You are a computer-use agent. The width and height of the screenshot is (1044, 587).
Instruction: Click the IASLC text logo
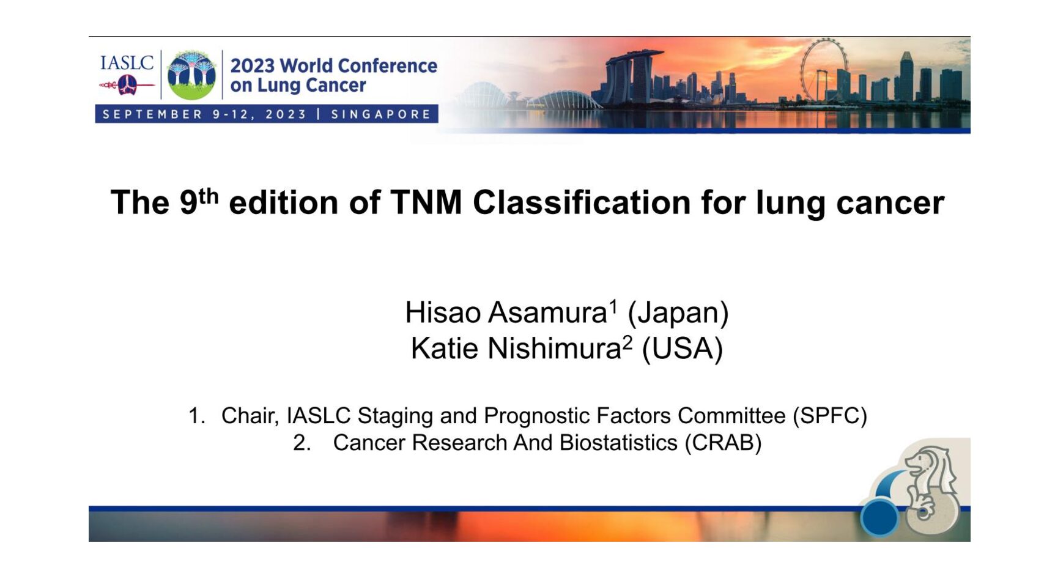127,62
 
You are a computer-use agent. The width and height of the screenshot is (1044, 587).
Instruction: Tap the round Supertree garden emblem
191,75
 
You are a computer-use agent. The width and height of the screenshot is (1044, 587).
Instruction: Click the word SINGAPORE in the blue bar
381,114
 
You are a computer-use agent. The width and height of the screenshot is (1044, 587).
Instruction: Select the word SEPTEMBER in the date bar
152,114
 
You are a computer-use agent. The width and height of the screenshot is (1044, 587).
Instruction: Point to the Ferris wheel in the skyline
824,70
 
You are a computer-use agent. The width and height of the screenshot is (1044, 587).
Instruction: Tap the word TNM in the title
426,203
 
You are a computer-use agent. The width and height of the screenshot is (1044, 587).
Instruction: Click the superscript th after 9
209,196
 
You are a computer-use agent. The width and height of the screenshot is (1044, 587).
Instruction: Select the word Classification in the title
581,203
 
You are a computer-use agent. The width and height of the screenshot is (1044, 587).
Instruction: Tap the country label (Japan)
678,313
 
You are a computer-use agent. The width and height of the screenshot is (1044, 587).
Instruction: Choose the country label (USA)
683,349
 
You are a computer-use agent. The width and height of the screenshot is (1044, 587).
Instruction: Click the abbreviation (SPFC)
829,416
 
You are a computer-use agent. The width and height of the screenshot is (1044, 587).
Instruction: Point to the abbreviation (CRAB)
723,443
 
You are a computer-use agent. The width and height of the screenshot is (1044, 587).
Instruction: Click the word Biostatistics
618,443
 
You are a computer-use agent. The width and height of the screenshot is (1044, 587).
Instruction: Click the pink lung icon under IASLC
127,85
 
